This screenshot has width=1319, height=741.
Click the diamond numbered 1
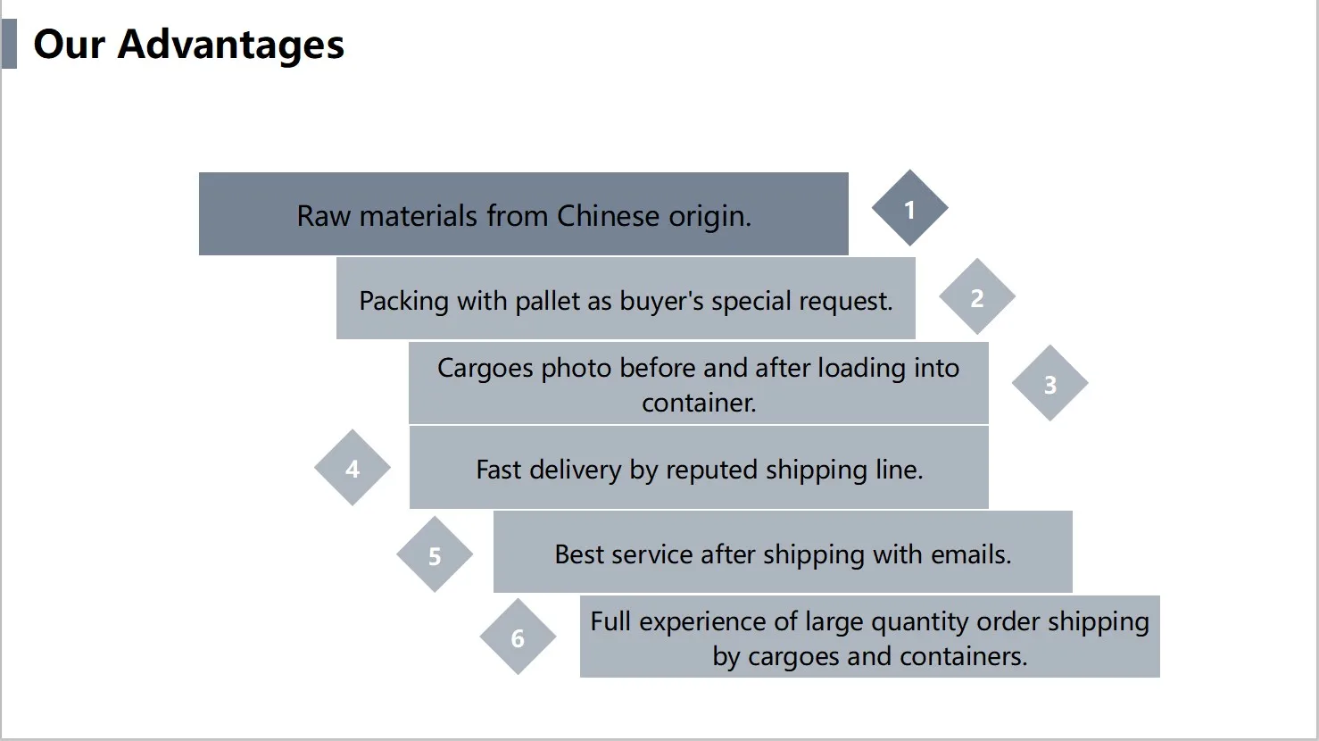(x=909, y=209)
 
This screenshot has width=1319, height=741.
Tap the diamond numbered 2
(x=976, y=297)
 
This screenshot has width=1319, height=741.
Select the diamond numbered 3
(x=1049, y=384)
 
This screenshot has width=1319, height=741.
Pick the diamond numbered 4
(x=353, y=469)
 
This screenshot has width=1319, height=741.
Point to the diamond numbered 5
(x=435, y=555)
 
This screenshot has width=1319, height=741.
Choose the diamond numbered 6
(x=518, y=637)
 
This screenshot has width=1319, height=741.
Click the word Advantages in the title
(x=230, y=45)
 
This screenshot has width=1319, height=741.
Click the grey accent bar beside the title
(x=9, y=45)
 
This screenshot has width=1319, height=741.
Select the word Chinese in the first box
(x=608, y=216)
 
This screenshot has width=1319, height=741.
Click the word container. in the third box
(x=699, y=403)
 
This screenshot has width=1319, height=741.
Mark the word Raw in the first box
(x=324, y=216)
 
